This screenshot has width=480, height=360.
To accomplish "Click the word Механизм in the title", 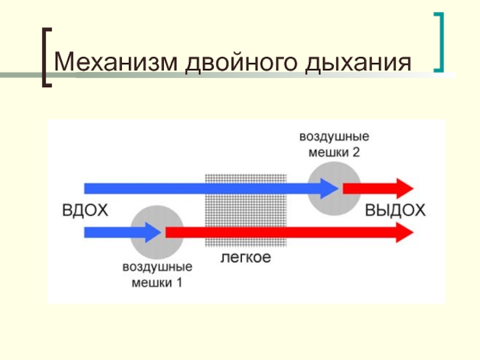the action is [x=115, y=62].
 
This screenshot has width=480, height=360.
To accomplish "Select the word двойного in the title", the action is [x=241, y=63].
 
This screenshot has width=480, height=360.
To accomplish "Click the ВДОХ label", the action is [x=85, y=211].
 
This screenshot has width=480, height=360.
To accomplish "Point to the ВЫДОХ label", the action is [x=395, y=211].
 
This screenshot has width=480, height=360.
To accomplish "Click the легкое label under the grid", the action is [x=246, y=257].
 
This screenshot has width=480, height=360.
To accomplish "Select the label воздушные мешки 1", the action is [x=157, y=275].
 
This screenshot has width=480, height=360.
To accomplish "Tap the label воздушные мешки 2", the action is [x=334, y=144].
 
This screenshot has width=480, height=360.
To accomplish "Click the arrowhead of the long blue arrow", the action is [x=329, y=188].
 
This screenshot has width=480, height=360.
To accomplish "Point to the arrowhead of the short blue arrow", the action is [x=153, y=233].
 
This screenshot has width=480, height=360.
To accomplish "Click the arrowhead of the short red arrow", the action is [x=405, y=188].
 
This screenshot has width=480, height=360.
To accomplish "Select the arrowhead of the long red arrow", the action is [x=405, y=233].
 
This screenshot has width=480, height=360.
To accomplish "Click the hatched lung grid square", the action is [x=246, y=211].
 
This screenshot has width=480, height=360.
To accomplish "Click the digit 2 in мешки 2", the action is [x=356, y=152].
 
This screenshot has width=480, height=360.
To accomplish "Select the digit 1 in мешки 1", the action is [x=179, y=282].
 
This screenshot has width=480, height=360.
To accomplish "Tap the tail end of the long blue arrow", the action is [x=85, y=188].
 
